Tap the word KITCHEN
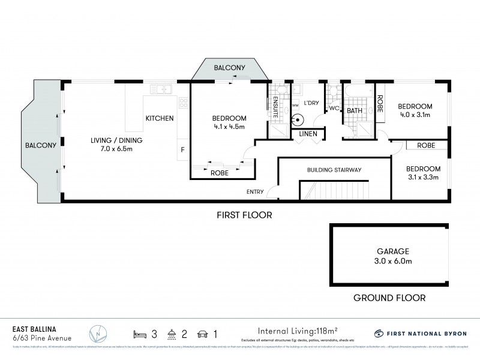160,119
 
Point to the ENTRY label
254,192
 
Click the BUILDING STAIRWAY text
334,170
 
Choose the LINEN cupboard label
308,134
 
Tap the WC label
334,109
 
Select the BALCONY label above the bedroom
229,68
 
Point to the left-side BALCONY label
40,145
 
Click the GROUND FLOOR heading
389,298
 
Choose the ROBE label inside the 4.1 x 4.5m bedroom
219,173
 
